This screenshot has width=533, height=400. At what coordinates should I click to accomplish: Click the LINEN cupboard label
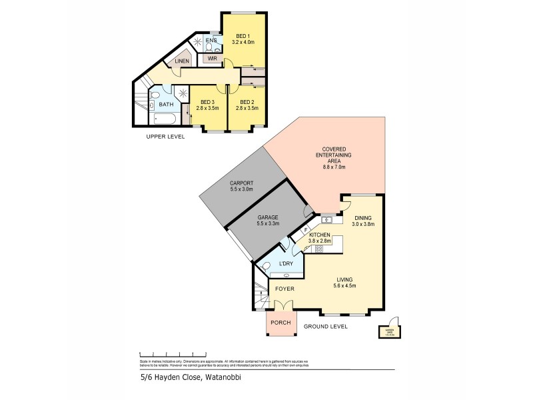[182, 62]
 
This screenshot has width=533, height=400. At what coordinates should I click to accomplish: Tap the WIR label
[213, 59]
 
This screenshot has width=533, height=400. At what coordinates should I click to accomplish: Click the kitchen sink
[326, 220]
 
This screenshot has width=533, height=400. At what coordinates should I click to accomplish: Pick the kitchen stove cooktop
[318, 249]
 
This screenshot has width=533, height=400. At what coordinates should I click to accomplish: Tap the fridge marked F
[306, 231]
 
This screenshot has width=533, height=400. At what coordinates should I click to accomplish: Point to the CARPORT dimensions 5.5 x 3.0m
[244, 189]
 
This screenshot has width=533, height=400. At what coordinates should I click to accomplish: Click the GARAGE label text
[268, 217]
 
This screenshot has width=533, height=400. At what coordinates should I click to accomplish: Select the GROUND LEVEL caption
[326, 326]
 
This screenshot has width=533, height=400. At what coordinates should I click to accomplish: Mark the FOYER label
[284, 289]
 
